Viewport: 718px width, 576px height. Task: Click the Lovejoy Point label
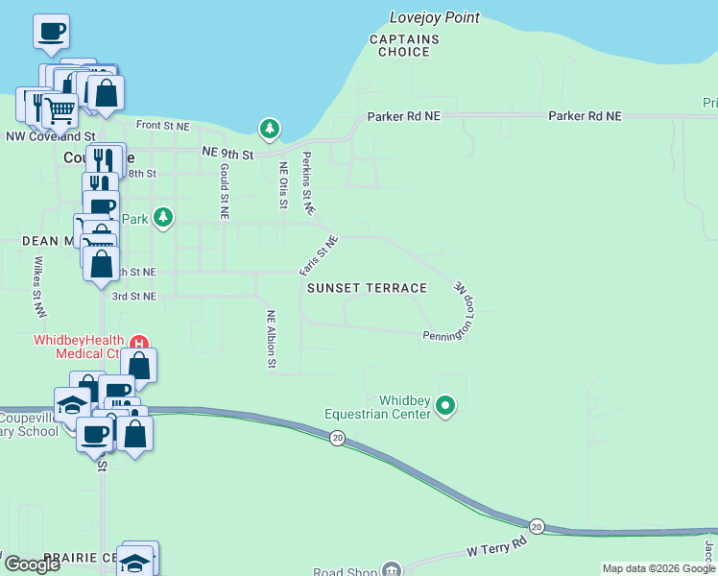click(x=435, y=17)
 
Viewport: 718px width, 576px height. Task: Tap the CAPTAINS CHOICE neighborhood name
click(x=404, y=45)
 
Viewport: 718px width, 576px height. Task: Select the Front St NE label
click(x=163, y=126)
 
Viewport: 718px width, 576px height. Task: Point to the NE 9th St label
click(x=227, y=154)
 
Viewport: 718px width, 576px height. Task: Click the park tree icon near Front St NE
click(x=270, y=129)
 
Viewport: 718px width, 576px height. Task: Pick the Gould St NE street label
click(x=224, y=191)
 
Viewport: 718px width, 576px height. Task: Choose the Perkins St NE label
click(x=308, y=182)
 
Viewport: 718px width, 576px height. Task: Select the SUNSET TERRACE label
click(x=367, y=288)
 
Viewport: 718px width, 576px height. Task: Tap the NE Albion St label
click(x=272, y=339)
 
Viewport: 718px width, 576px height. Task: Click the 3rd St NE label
click(x=134, y=297)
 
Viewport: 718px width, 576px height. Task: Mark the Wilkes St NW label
click(x=40, y=286)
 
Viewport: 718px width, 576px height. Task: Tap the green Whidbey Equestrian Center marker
click(x=444, y=406)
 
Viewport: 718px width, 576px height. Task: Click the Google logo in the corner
click(x=32, y=564)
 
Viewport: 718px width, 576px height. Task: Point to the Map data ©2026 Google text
click(x=658, y=568)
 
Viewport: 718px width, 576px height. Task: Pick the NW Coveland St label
click(x=50, y=137)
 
